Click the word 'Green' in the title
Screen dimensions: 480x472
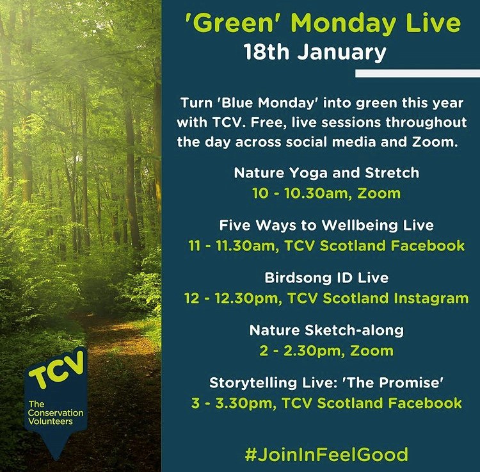pos(230,23)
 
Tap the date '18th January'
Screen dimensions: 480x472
pos(315,53)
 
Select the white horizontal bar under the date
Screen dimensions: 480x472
pos(417,73)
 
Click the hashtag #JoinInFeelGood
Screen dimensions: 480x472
pos(326,454)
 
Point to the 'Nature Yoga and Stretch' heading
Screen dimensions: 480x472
pos(326,174)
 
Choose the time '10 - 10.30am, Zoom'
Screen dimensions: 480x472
pos(326,193)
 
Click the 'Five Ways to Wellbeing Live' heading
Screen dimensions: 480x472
pos(326,226)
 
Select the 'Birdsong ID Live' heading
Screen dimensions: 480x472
pos(326,278)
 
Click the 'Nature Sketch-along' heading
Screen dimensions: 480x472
pos(326,331)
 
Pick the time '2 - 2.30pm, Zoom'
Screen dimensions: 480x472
pos(326,351)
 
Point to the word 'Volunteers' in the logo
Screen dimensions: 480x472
pos(51,421)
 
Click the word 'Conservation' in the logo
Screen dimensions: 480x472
pos(56,413)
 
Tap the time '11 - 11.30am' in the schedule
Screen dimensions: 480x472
pos(234,246)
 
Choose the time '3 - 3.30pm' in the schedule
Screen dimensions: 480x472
pos(234,403)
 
